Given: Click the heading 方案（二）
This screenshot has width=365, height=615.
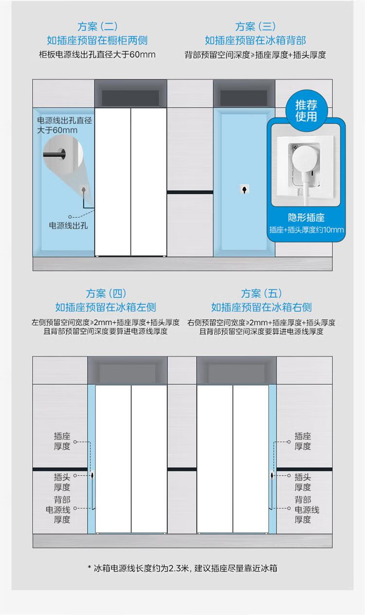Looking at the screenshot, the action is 97,27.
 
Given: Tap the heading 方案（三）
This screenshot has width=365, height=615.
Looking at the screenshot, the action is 255,27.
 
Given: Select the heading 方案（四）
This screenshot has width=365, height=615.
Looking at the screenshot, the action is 106,293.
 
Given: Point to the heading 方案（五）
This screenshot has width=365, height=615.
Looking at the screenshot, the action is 261,293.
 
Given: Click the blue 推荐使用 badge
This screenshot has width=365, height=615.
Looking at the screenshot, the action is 307,110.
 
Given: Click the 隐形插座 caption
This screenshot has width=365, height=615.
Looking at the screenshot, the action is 306,218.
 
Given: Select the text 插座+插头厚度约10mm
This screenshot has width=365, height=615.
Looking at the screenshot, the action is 307,230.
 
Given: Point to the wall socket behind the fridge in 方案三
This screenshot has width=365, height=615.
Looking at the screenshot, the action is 244,189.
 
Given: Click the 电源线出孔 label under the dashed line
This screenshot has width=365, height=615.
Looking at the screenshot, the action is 68,226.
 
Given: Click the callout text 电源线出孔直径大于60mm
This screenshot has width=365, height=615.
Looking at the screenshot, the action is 65,125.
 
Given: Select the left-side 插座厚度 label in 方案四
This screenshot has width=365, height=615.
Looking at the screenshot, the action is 62,441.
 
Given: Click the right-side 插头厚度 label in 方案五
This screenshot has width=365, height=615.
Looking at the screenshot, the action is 303,482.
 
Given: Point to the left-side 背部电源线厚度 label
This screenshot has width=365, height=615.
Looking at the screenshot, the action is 58,510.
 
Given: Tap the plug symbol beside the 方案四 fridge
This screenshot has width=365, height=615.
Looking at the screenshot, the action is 92,475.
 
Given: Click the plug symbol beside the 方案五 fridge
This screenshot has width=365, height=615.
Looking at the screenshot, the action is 272,475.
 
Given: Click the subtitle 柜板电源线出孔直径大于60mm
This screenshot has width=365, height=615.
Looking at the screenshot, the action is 97,54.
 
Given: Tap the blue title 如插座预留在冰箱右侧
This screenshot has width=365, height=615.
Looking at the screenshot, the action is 261,307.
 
